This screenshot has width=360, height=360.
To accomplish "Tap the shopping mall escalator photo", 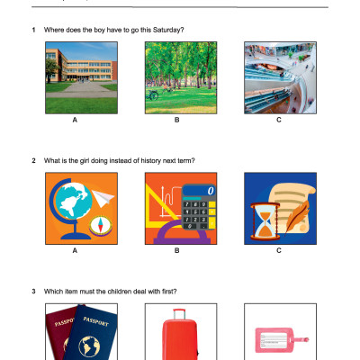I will click(x=278, y=75).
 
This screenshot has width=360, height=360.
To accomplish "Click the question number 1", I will click(x=33, y=30).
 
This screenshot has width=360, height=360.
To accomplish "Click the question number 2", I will click(x=33, y=161).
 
